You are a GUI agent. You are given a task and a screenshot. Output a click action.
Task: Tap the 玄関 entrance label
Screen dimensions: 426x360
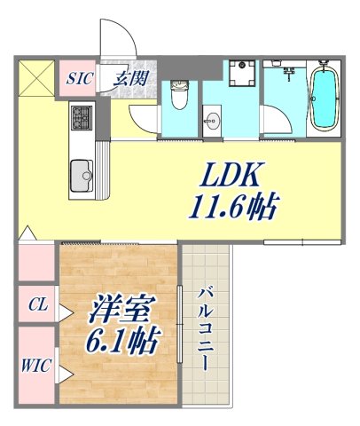point(130,77)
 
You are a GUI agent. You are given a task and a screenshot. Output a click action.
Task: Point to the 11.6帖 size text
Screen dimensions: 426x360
point(233,208)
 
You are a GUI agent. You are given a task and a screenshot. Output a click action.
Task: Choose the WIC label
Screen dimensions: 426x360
point(36,363)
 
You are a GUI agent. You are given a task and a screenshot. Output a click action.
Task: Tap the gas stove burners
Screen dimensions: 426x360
point(82,115)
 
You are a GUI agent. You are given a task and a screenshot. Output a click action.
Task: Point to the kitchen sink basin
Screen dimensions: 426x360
point(82,171)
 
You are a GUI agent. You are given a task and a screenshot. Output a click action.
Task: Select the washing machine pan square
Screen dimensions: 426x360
point(238,77)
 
